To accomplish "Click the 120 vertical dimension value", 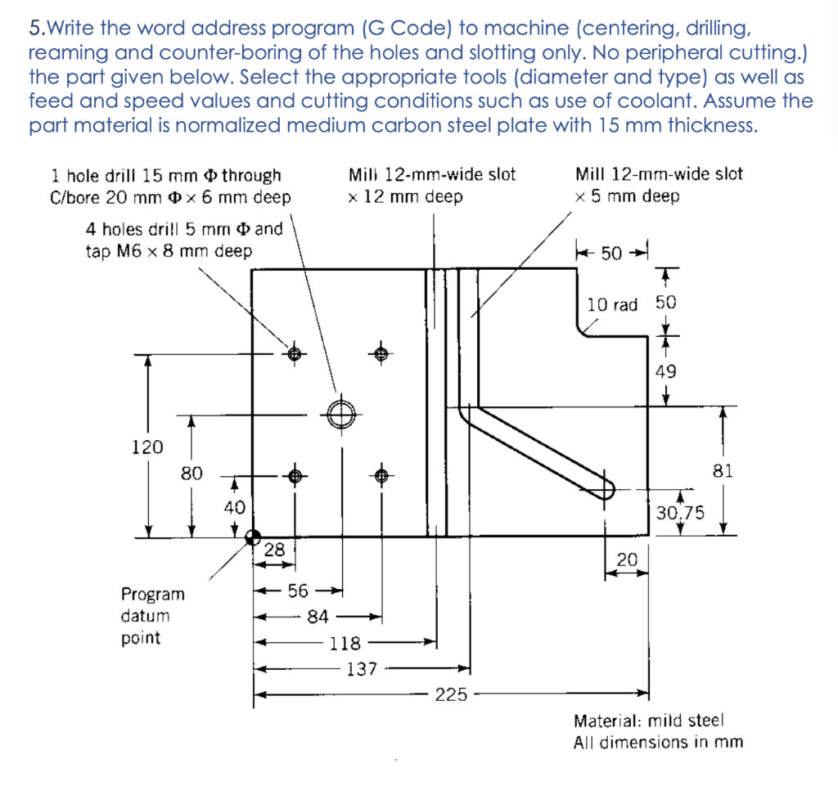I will pyautogui.click(x=147, y=447).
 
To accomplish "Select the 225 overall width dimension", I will pyautogui.click(x=451, y=695).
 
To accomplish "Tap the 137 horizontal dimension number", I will pyautogui.click(x=362, y=669).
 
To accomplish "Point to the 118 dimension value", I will pyautogui.click(x=345, y=643).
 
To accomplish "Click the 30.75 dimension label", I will pyautogui.click(x=679, y=513).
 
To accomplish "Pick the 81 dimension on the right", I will pyautogui.click(x=723, y=471).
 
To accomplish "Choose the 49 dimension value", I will pyautogui.click(x=666, y=371).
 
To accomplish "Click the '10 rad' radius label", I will pyautogui.click(x=612, y=305).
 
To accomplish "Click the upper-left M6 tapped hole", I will pyautogui.click(x=295, y=353).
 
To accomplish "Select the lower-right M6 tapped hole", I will pyautogui.click(x=381, y=475).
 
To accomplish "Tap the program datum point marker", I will pyautogui.click(x=253, y=537).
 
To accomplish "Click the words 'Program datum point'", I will pyautogui.click(x=153, y=616).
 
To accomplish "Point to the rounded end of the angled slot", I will pyautogui.click(x=606, y=489).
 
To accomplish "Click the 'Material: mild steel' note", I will pyautogui.click(x=649, y=721).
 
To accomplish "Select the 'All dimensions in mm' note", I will pyautogui.click(x=658, y=742).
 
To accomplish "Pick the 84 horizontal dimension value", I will pyautogui.click(x=318, y=616).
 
